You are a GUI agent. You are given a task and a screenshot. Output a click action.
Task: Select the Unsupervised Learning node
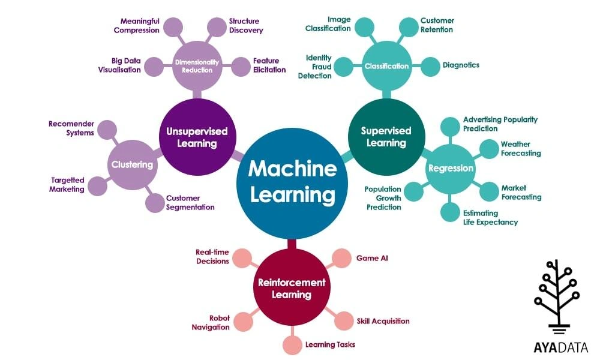[197, 137]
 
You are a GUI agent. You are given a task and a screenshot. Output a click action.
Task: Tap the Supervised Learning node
[386, 137]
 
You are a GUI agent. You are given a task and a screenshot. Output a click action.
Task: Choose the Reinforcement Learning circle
[292, 287]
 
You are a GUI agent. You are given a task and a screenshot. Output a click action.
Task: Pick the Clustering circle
[132, 164]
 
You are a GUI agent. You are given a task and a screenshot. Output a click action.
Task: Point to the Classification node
[386, 66]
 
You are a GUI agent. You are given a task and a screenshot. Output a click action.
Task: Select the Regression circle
[450, 169]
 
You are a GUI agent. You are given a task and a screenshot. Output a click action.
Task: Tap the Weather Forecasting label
[520, 149]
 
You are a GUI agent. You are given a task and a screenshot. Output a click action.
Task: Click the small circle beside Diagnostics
[430, 66]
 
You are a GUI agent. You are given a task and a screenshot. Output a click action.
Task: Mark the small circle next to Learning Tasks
[292, 345]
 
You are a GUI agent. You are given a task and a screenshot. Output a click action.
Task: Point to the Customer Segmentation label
[190, 203]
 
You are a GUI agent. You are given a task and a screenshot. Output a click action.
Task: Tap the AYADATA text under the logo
[560, 347]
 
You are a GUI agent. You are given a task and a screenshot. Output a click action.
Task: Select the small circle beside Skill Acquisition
[344, 320]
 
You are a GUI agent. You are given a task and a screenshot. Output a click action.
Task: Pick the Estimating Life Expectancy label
[490, 217]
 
